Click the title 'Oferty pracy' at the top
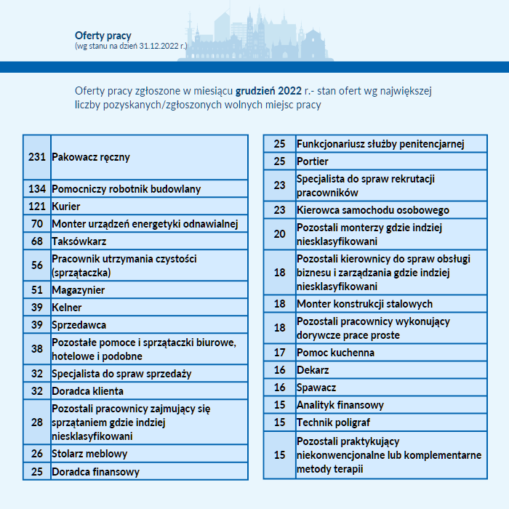(103, 35)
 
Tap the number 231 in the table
(37, 156)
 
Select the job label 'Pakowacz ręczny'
(91, 156)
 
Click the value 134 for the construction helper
(37, 189)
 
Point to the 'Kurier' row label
(66, 207)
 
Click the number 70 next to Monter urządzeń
(37, 224)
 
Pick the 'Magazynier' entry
(79, 290)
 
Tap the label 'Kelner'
(67, 308)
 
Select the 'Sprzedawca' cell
(79, 325)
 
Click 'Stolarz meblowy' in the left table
(89, 454)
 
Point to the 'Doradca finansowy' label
(95, 471)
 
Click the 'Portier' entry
(313, 161)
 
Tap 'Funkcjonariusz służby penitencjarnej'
(380, 144)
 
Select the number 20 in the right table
(280, 234)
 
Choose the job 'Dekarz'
(313, 370)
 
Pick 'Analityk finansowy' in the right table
(340, 405)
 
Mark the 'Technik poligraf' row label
(333, 422)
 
